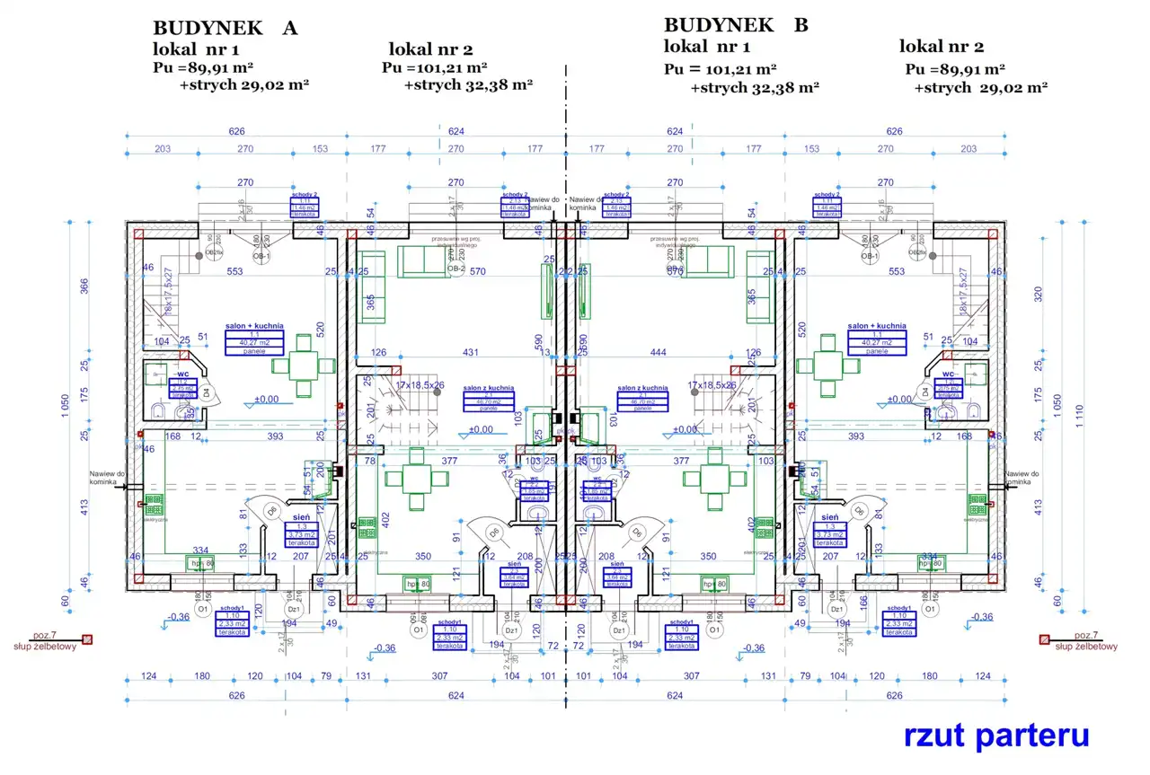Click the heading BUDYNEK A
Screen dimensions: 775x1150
(x=225, y=28)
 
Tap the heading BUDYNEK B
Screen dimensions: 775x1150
(x=736, y=25)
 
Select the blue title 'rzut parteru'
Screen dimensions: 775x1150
(x=996, y=735)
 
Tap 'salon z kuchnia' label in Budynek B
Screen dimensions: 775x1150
(x=642, y=388)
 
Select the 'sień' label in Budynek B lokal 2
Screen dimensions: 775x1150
(x=830, y=518)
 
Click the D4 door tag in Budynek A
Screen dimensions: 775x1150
(x=206, y=393)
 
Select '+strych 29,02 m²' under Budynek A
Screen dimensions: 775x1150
(x=244, y=85)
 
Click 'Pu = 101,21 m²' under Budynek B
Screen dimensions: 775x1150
(x=721, y=68)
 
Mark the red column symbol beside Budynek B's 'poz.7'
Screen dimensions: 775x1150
(x=1044, y=639)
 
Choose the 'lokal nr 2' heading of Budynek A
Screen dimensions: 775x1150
(x=430, y=48)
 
